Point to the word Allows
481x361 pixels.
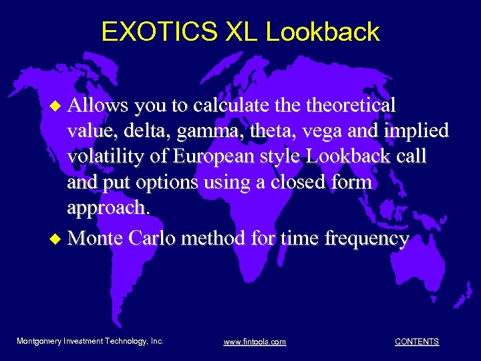(x=98, y=105)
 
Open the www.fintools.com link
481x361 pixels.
(x=255, y=342)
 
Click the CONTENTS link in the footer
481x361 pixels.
(x=417, y=342)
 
